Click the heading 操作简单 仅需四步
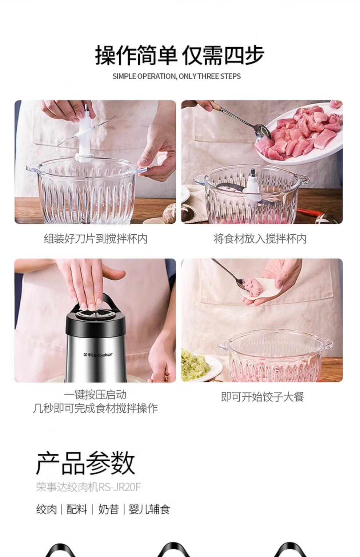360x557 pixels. (180, 55)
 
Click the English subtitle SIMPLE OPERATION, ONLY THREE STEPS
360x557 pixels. (177, 76)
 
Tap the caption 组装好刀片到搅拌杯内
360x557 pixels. (96, 239)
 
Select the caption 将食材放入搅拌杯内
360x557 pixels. (260, 239)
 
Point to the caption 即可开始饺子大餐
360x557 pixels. (263, 397)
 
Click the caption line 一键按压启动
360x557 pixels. (95, 395)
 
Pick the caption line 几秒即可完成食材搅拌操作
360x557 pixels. (95, 408)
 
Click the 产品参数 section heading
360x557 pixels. (85, 463)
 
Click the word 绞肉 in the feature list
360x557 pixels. (47, 509)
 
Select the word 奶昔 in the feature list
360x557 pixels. (108, 509)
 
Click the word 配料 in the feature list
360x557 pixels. (77, 509)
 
